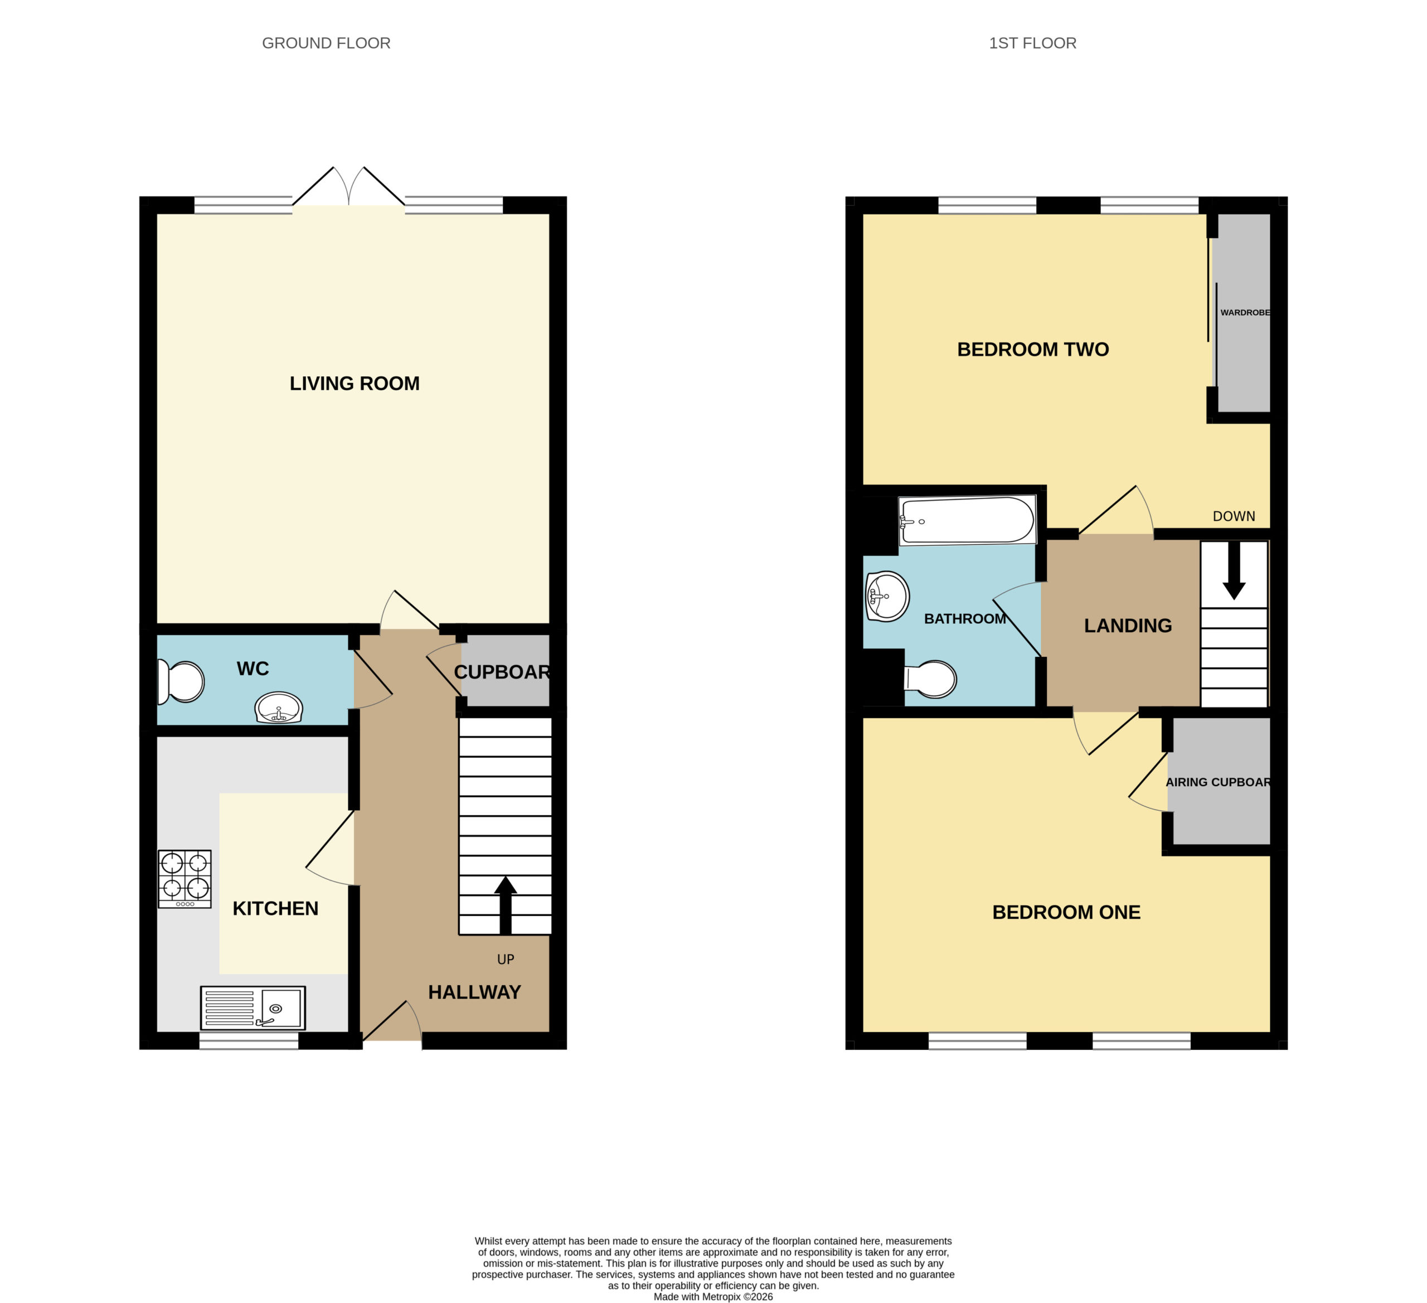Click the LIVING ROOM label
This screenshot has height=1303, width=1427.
354,383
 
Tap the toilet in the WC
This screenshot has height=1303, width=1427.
181,681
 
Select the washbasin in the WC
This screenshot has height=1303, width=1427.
279,708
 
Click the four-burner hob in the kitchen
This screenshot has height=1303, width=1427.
185,879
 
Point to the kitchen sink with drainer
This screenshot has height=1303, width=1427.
253,1007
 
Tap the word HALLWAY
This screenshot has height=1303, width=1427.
474,992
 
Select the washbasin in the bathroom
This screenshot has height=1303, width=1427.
887,596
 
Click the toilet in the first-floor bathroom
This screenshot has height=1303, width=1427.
930,679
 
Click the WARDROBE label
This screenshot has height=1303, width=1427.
1245,312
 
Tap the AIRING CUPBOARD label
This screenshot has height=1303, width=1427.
1218,782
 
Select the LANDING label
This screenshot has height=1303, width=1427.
1128,626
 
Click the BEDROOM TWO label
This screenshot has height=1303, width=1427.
1033,349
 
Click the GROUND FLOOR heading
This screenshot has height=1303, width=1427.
326,43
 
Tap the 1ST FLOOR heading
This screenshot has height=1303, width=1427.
1033,43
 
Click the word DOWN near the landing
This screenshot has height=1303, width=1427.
1234,516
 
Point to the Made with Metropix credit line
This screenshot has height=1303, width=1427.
713,1297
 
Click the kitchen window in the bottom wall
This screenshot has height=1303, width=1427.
249,1040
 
